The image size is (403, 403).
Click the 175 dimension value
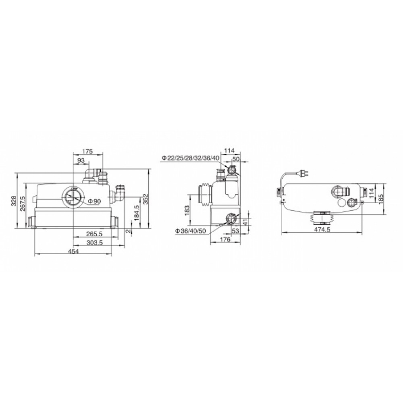coord(87,152)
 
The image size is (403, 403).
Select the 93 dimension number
coord(81,160)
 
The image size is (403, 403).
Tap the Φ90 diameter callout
coord(95,201)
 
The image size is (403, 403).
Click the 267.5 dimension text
coord(23,204)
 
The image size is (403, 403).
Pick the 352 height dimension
coord(146,199)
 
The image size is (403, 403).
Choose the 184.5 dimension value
coord(136,212)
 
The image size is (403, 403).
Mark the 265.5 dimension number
coord(94,234)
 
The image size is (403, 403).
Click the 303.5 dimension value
coord(95,242)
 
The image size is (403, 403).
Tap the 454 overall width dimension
coord(73,251)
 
